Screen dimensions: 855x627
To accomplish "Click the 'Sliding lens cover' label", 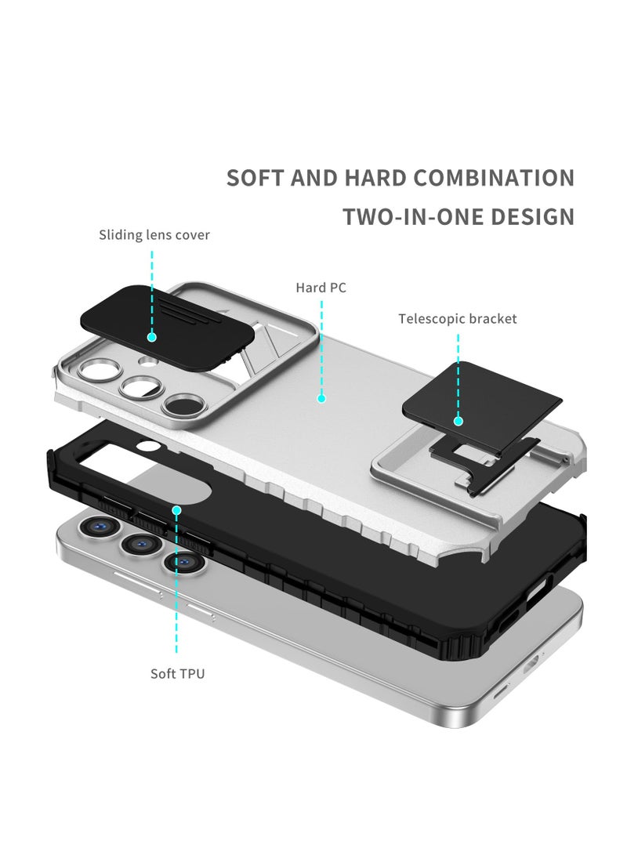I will click(x=154, y=234).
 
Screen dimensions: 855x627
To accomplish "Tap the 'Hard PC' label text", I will click(x=321, y=288).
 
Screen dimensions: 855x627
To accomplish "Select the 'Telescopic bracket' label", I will click(x=457, y=318).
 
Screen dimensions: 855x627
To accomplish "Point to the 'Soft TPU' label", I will click(x=177, y=673).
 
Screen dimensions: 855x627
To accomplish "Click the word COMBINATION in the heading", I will click(x=494, y=178).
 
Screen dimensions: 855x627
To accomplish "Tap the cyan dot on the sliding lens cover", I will click(x=152, y=337).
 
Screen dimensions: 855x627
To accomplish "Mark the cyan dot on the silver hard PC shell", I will click(x=321, y=398).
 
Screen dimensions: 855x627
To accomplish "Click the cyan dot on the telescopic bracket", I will click(x=458, y=421).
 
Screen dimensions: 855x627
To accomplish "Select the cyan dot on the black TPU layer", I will click(x=177, y=509).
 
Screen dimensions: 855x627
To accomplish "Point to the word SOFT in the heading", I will click(x=255, y=178).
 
